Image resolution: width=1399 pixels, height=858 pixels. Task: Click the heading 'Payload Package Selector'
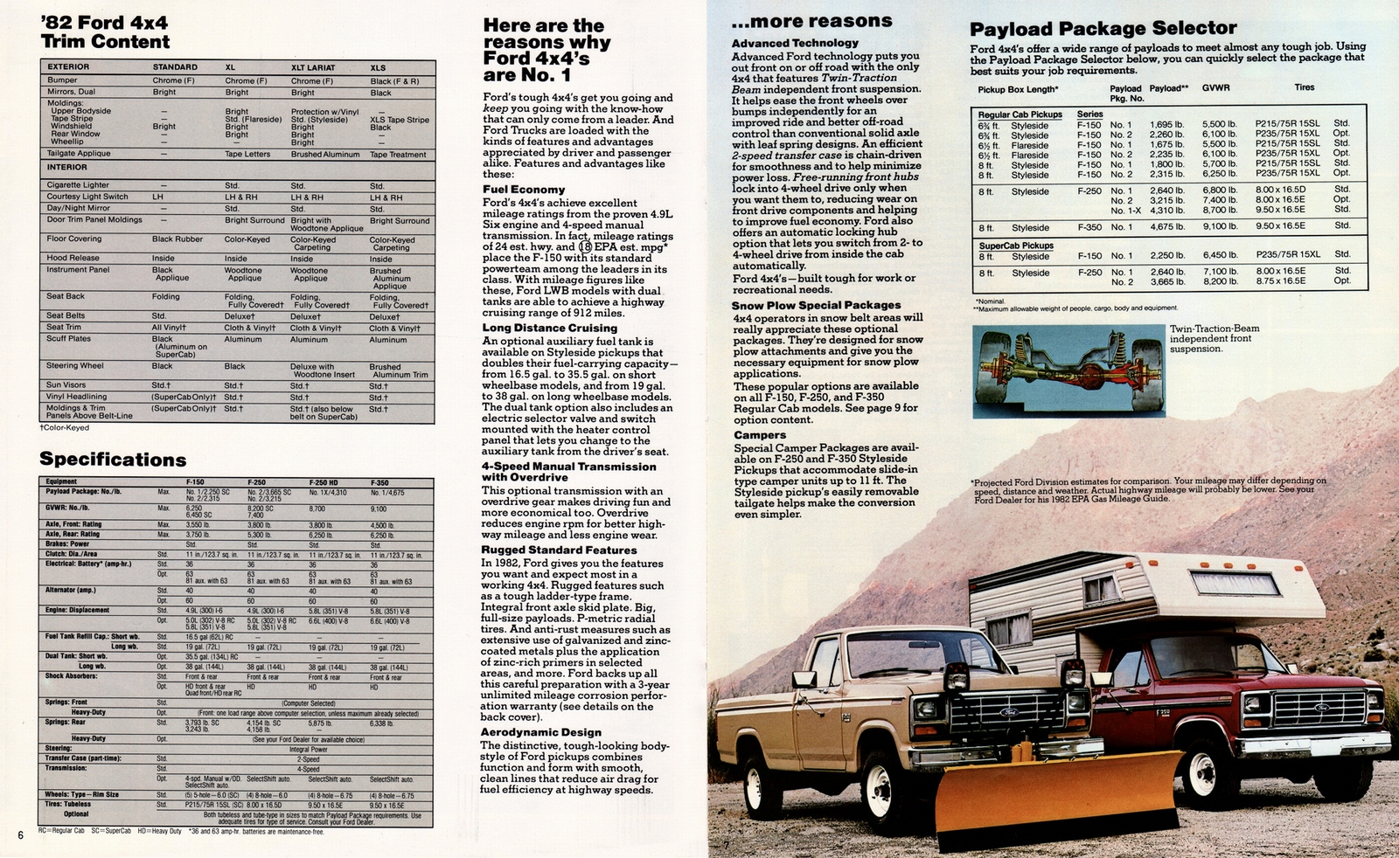pos(1103,28)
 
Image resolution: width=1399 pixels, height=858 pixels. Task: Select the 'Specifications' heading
pos(112,460)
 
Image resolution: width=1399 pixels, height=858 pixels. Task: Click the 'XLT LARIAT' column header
pos(313,67)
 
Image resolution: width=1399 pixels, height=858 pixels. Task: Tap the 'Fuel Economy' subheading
pos(524,190)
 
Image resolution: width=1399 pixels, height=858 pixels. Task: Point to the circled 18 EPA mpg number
pos(585,246)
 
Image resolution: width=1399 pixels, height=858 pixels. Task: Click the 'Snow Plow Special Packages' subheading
pos(816,305)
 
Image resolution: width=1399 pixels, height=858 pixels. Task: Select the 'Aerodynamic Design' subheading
pos(540,732)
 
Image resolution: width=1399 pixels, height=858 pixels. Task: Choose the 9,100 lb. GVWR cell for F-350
pos(1219,227)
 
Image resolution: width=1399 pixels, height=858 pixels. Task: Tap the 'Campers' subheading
pos(759,434)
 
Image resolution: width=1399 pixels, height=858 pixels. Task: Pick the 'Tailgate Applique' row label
pos(79,154)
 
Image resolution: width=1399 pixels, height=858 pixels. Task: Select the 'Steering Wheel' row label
pos(74,365)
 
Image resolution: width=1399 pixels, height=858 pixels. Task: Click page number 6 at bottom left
pos(19,834)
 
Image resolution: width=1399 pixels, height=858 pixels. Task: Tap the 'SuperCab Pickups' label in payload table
pos(1015,246)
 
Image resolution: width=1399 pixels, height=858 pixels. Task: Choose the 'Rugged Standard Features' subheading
pos(559,550)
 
